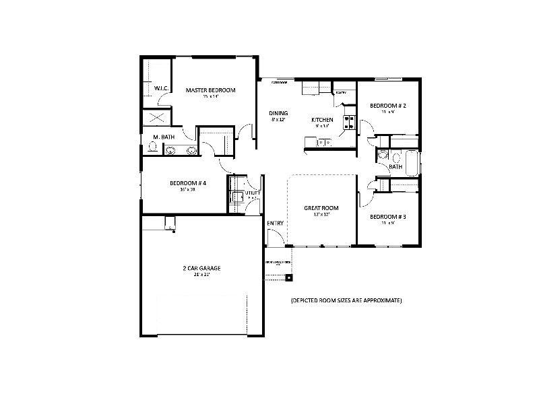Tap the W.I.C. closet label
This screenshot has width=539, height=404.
tap(161, 88)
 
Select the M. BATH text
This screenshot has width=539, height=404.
tap(164, 137)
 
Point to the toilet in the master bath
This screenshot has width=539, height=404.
tap(153, 151)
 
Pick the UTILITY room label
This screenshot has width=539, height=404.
tap(253, 193)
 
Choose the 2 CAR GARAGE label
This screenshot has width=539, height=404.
tap(201, 268)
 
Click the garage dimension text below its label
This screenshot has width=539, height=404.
tap(201, 275)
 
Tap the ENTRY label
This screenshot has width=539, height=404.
tap(275, 223)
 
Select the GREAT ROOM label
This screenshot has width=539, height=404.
tap(321, 208)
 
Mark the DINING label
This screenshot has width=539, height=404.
tap(278, 113)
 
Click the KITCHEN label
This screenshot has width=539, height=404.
tap(322, 120)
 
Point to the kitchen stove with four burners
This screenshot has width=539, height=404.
tap(350, 123)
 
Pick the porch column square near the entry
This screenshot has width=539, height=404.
tap(289, 277)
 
